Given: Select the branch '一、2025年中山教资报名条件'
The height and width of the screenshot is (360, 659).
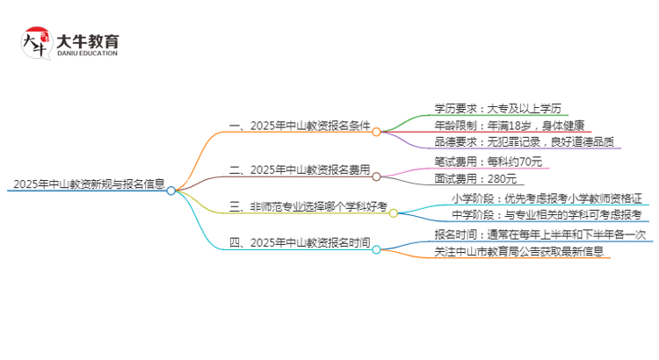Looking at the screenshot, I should [298, 126].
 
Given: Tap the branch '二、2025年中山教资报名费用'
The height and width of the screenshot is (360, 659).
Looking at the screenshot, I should [298, 169].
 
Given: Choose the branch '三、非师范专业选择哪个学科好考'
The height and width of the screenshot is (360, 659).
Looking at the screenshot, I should [307, 207].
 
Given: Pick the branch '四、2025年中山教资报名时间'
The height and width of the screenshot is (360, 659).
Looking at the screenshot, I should [298, 242].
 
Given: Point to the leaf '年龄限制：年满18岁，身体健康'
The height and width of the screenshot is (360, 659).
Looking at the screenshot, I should [509, 126].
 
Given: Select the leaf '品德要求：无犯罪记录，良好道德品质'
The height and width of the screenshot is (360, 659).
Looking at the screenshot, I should [523, 142].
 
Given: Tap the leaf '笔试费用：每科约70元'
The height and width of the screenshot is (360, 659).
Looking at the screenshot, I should [489, 162].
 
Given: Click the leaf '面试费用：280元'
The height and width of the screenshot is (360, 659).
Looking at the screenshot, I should [475, 178].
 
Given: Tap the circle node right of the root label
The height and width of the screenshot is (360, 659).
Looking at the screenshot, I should [171, 189].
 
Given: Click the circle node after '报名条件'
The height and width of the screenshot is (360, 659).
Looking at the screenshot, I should [376, 132].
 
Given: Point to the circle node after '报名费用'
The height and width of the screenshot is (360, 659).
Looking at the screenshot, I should [376, 176].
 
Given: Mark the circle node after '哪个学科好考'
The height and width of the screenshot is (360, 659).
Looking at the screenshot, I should [394, 212].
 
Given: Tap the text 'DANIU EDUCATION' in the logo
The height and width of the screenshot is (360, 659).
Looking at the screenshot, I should [87, 53].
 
